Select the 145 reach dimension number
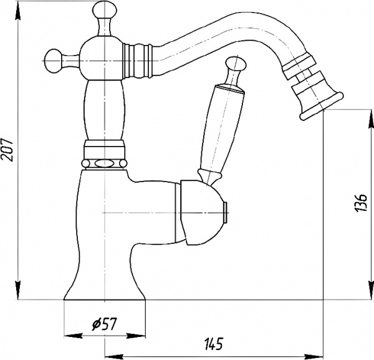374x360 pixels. (x=213, y=344)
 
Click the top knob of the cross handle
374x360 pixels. (x=103, y=12)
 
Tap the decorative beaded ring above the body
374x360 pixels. (x=104, y=161)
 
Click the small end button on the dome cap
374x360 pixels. (x=226, y=211)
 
